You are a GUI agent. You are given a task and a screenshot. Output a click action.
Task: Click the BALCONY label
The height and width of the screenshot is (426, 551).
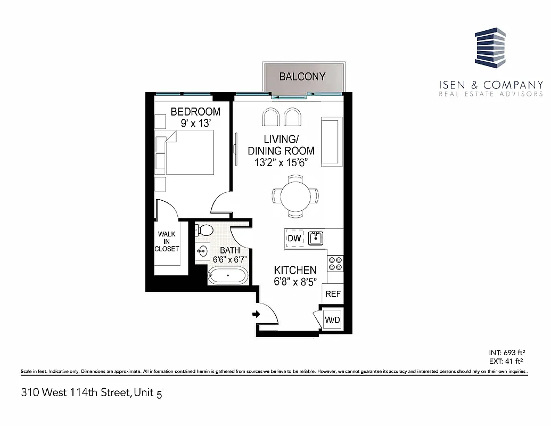(x=302, y=77)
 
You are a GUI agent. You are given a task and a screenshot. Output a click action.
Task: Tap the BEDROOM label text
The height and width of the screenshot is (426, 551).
(x=195, y=112)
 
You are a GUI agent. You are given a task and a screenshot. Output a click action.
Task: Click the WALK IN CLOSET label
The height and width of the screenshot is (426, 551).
(x=167, y=241)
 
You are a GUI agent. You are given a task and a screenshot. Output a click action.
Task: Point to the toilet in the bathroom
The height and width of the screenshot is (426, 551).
(x=204, y=230)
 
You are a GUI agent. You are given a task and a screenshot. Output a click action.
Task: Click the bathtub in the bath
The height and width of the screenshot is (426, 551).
(x=227, y=276)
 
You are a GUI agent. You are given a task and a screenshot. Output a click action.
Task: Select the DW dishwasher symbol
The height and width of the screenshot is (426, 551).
(x=294, y=238)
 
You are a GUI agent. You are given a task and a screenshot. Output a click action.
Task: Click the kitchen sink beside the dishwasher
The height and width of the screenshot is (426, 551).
(x=316, y=237)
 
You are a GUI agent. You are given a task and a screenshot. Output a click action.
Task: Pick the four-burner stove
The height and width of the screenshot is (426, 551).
(x=336, y=264)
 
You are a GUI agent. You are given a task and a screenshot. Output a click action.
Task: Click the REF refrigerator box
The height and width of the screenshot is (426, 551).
(x=333, y=293)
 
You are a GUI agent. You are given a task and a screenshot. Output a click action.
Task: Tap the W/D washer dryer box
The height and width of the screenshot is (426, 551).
(x=333, y=321)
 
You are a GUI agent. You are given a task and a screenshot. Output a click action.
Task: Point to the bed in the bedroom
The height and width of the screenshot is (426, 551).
(x=189, y=153)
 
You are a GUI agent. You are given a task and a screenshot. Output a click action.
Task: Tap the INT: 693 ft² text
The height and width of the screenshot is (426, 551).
(x=507, y=352)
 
